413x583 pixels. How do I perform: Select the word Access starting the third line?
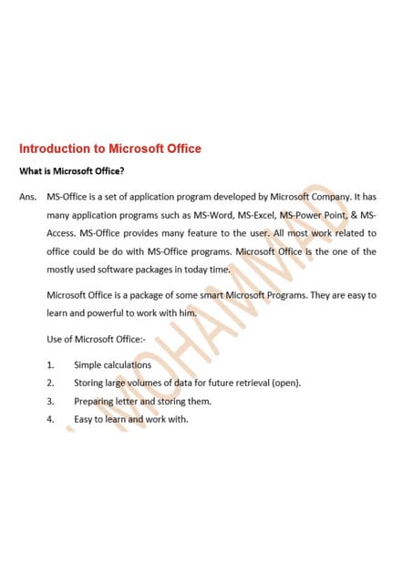coord(61,233)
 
